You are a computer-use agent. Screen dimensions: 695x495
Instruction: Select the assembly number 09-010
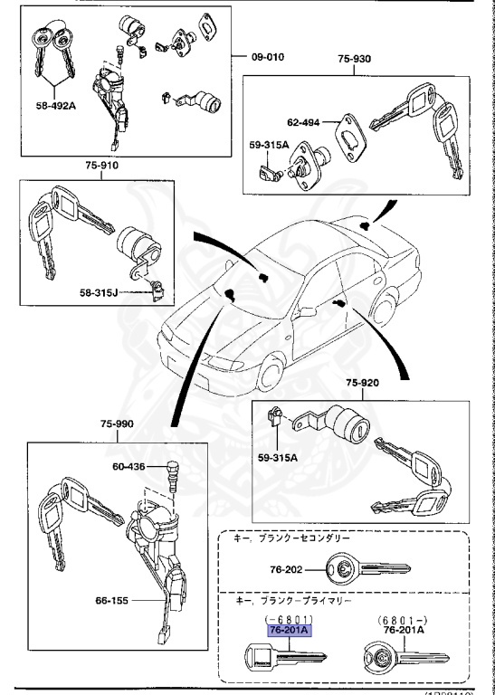point(267,56)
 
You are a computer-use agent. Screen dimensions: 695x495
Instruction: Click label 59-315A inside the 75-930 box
point(269,145)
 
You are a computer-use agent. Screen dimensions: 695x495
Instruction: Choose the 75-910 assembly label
point(101,166)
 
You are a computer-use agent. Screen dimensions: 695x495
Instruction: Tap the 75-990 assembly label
point(118,423)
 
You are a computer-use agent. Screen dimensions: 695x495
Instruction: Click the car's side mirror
point(306,312)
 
